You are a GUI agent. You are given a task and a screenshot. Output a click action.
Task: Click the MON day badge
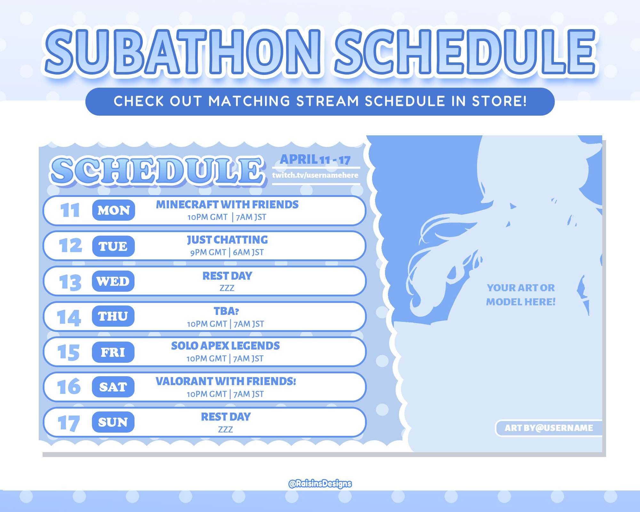114,210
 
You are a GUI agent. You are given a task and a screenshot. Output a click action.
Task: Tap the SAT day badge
113,387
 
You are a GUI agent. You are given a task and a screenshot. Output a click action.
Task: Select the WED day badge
113,281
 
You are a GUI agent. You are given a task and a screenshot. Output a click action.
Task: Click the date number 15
68,352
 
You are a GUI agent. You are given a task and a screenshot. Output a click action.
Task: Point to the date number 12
70,245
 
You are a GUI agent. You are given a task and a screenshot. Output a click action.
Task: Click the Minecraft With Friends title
227,204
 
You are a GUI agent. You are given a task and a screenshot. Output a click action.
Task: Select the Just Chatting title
227,240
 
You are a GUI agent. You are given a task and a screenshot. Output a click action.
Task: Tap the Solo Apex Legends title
225,346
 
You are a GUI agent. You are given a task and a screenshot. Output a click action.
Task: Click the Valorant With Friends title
226,381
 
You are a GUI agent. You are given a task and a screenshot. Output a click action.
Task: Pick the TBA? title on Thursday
226,311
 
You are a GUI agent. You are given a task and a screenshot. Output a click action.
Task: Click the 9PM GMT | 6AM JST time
227,252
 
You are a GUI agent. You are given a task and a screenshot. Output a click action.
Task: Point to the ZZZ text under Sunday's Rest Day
225,429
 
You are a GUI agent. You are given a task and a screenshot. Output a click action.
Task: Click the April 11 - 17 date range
315,159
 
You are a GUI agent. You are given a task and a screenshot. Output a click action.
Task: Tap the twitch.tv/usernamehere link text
315,175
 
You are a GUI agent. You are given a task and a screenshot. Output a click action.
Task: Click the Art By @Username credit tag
548,428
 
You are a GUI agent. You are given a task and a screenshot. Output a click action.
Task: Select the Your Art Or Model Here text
521,295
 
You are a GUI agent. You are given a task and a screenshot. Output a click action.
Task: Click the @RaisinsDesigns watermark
320,484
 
